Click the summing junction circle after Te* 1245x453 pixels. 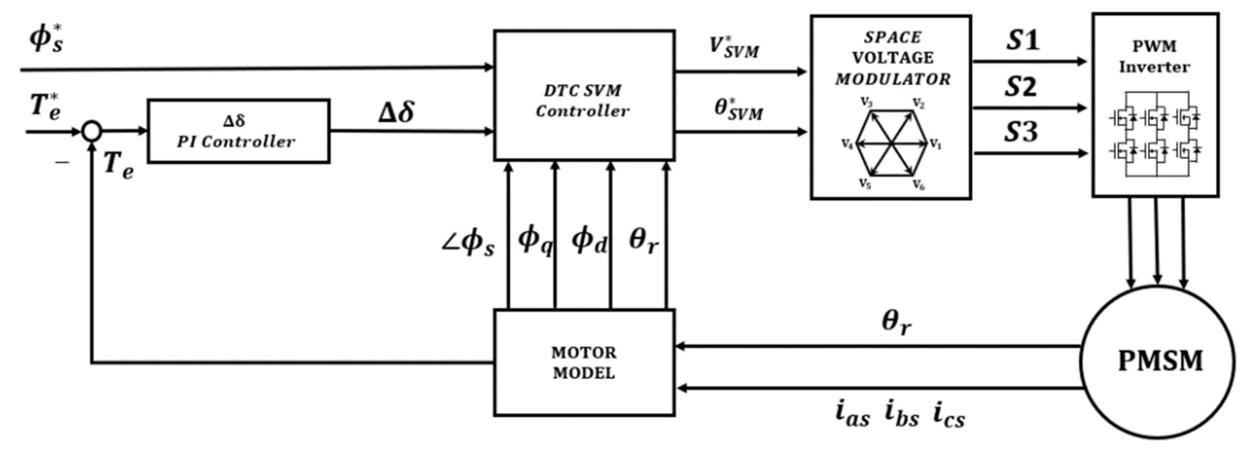(x=91, y=131)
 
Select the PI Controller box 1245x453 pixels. (x=238, y=131)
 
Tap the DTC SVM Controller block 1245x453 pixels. (x=584, y=96)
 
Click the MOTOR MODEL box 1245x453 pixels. (x=584, y=362)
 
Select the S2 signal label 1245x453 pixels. (x=1021, y=87)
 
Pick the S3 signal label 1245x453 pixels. (x=1021, y=132)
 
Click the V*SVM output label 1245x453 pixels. (x=734, y=47)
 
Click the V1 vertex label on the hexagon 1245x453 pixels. (x=936, y=144)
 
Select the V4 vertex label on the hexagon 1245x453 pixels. (x=847, y=144)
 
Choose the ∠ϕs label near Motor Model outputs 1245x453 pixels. (x=468, y=242)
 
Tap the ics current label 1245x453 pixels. (x=949, y=414)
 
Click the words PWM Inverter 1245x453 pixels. (x=1154, y=57)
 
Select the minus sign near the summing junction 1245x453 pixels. (x=62, y=163)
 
